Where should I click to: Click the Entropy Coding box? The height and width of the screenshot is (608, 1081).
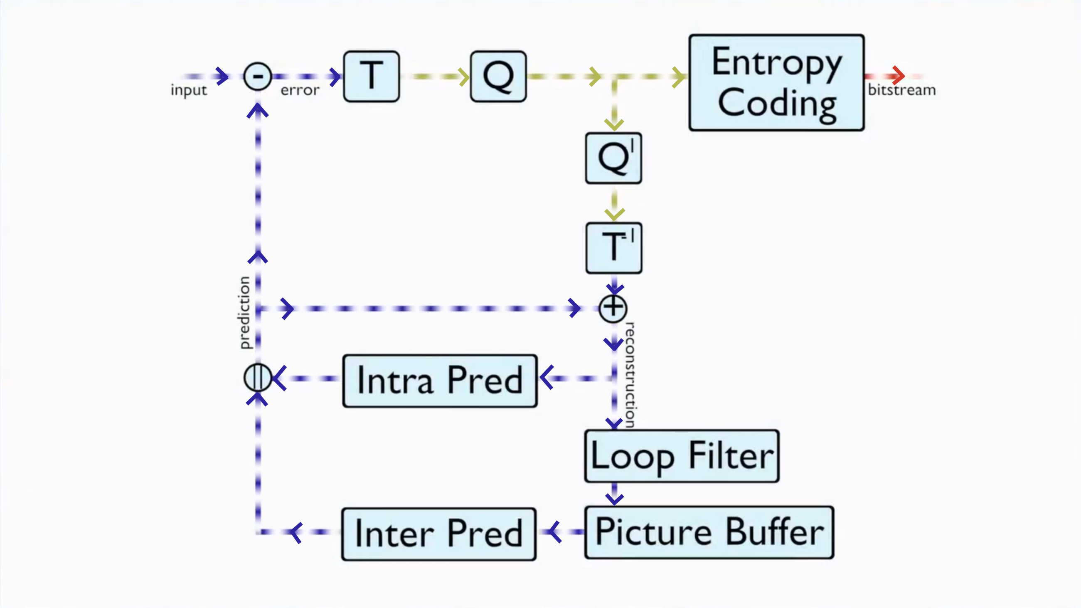click(x=776, y=83)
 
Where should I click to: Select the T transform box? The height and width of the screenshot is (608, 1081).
click(x=372, y=77)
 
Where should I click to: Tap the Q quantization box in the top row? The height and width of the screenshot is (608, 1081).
click(x=498, y=77)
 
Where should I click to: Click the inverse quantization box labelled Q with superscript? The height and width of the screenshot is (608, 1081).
click(x=613, y=158)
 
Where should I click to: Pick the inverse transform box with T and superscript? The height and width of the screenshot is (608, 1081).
click(x=613, y=248)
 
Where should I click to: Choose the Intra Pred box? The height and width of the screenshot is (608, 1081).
click(x=440, y=381)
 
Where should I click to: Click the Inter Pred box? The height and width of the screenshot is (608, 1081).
click(x=439, y=534)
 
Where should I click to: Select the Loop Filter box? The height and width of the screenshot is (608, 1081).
click(x=682, y=456)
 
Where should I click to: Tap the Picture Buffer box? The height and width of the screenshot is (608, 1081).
click(x=709, y=532)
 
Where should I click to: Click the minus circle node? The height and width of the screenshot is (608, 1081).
click(x=258, y=77)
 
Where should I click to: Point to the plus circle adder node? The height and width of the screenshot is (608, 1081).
click(x=613, y=309)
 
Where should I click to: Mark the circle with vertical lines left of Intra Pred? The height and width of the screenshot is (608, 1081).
click(x=258, y=378)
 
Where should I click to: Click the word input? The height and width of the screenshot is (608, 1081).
click(x=189, y=90)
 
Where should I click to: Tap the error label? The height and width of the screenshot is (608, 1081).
click(x=300, y=90)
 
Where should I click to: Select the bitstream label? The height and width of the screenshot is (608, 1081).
click(x=902, y=90)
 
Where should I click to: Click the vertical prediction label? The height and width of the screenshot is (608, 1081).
click(x=245, y=313)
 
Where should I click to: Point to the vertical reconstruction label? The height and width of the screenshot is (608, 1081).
click(x=630, y=375)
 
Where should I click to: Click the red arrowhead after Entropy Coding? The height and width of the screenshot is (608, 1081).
click(x=898, y=76)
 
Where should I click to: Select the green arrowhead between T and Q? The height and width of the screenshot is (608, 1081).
click(x=464, y=77)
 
